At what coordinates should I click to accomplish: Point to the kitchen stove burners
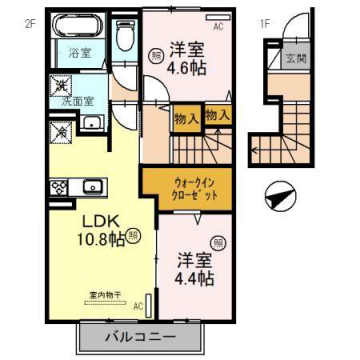[58, 186]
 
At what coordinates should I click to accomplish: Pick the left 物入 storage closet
[185, 117]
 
